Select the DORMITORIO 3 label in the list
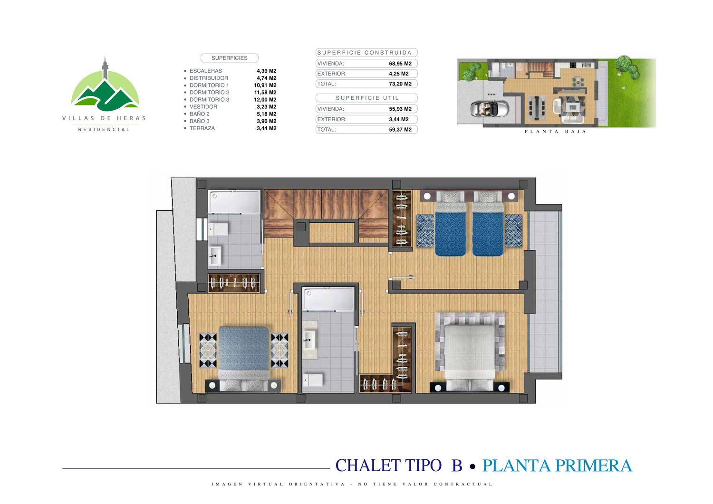[x=209, y=100]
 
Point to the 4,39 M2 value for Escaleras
[x=266, y=71]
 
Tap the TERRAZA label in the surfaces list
[x=202, y=128]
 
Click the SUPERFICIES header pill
[x=229, y=58]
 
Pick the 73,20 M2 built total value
[x=400, y=84]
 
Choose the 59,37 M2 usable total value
[x=400, y=130]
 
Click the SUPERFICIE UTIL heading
[x=367, y=98]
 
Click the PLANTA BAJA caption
[x=555, y=132]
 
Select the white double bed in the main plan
[x=470, y=357]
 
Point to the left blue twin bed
[x=451, y=223]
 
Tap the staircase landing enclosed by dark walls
[x=332, y=233]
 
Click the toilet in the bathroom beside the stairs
[x=219, y=229]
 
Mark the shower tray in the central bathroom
[x=328, y=299]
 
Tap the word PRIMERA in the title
[x=594, y=466]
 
